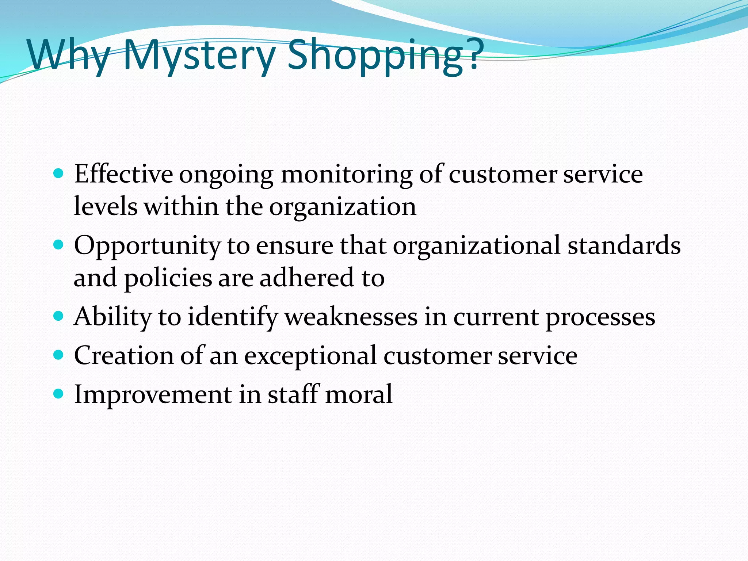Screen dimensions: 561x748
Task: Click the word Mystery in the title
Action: [x=199, y=56]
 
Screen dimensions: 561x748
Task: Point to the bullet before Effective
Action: [x=58, y=173]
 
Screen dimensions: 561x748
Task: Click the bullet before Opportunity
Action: [x=58, y=244]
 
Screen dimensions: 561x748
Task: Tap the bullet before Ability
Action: [x=58, y=315]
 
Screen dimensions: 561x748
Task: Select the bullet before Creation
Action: [x=58, y=354]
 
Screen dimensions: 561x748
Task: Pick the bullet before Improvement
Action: [x=58, y=393]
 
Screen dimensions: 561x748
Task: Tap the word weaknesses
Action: [x=351, y=317]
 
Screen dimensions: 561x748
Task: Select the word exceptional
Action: [x=310, y=356]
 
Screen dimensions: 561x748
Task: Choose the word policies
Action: [x=168, y=278]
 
